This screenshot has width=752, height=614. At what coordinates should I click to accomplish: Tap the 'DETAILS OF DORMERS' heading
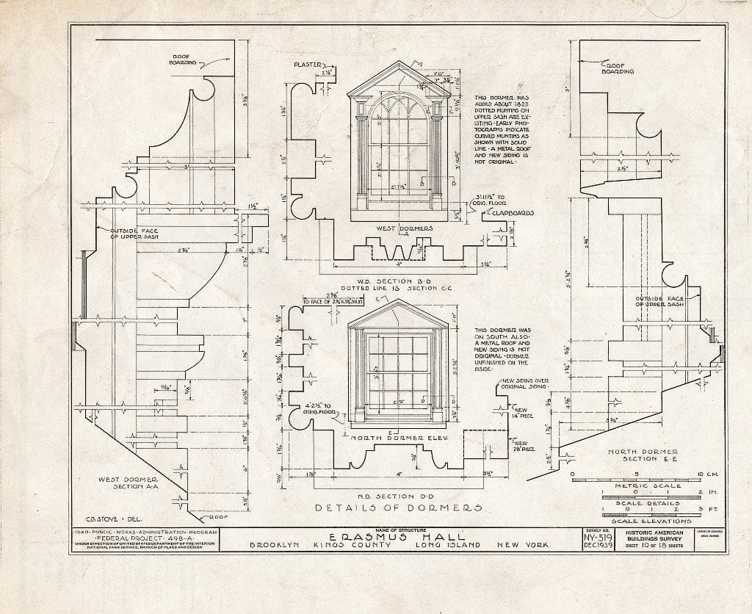coord(399,508)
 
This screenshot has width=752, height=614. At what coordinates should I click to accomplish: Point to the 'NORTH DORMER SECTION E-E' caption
coord(634,455)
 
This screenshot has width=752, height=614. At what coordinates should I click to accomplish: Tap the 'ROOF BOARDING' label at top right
coord(618,67)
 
